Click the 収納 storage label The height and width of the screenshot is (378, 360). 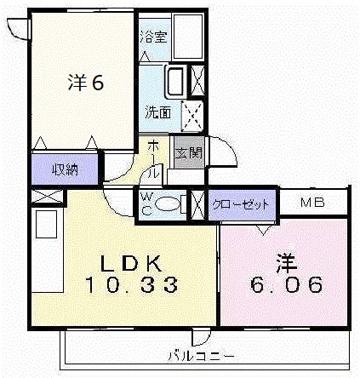pos(65,168)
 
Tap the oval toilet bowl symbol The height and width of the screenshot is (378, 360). pos(170,204)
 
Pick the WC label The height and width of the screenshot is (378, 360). pos(146,203)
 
